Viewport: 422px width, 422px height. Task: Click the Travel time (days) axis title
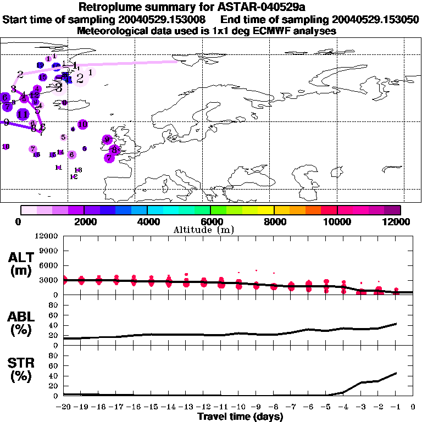[x=240, y=417]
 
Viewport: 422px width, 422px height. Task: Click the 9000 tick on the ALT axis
[x=49, y=251]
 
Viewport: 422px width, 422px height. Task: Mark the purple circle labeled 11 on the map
[x=23, y=114]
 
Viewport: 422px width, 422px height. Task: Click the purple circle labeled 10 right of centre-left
[x=82, y=125]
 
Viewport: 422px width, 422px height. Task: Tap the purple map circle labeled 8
[x=114, y=149]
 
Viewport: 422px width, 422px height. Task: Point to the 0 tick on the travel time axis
[x=413, y=407]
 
